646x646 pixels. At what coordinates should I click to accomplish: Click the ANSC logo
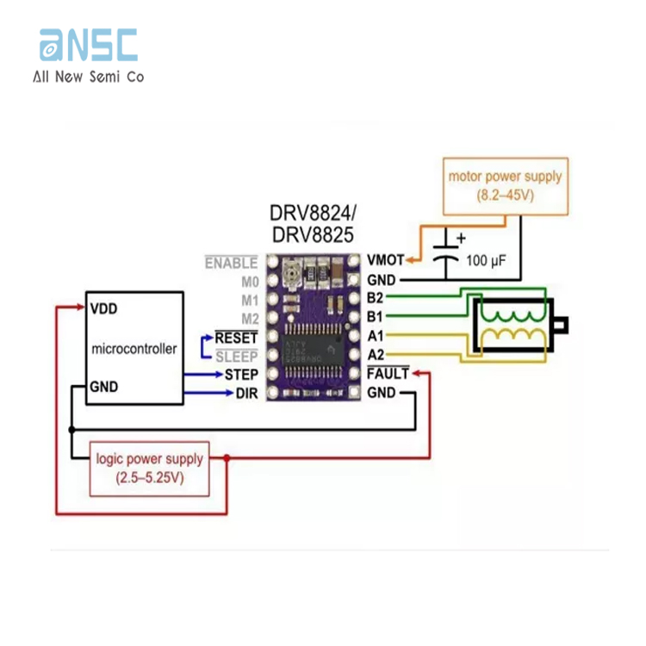click(88, 45)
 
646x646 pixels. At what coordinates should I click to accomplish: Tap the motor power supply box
click(505, 185)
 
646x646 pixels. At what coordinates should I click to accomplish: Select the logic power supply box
click(150, 469)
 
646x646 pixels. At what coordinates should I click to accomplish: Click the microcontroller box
click(134, 348)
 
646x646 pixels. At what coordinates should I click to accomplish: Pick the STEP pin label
click(241, 375)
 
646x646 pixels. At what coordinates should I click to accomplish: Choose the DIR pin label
click(246, 394)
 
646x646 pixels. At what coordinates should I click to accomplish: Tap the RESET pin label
click(236, 337)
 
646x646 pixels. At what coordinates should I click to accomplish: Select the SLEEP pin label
click(236, 356)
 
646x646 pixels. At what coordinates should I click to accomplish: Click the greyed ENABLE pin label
click(230, 263)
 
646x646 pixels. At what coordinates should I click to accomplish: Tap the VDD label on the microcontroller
click(103, 307)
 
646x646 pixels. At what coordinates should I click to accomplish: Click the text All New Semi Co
click(88, 77)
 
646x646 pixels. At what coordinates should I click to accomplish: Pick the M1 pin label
click(248, 301)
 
